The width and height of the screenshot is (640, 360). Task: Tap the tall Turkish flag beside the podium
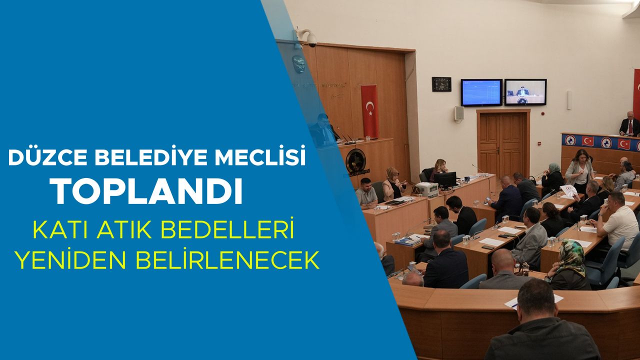370,111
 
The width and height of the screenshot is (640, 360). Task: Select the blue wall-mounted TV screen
481,92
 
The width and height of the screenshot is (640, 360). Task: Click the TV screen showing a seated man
525,92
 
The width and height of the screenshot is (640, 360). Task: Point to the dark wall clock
441,84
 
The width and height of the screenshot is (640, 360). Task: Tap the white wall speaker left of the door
459,113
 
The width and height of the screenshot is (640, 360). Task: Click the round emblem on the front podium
355,161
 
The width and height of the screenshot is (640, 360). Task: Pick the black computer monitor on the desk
445,179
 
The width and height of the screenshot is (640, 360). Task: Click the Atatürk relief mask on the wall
299,64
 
